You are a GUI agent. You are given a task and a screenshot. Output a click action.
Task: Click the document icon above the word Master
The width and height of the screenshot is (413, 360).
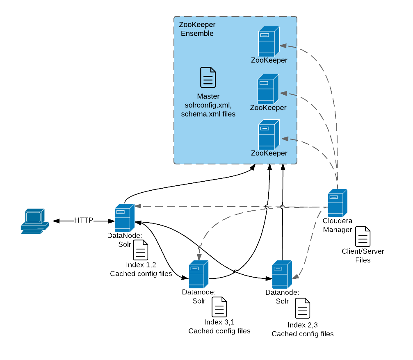coord(208,77)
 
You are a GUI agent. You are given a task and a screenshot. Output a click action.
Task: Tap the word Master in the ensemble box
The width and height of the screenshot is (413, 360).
coord(208,96)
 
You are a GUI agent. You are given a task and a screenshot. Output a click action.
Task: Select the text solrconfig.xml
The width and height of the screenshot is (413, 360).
coord(208,105)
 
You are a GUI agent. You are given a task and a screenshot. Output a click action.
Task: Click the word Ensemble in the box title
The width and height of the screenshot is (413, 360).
coord(197,34)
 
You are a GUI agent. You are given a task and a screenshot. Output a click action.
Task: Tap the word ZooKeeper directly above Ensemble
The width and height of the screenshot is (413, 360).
coord(197,25)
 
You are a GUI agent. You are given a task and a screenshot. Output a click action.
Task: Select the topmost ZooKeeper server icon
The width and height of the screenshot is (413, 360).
coord(269,41)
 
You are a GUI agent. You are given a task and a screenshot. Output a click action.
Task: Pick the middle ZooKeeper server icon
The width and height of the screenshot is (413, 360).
coord(268,89)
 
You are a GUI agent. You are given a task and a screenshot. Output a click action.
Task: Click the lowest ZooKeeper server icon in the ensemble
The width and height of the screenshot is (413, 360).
coord(269,134)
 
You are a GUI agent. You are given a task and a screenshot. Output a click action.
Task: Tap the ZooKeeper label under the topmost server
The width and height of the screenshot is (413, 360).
coord(269,60)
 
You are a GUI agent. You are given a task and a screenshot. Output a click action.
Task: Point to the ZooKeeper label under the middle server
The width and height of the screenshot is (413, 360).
coord(268,108)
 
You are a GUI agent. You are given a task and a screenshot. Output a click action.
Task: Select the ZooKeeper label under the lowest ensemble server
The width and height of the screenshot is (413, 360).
coord(269,153)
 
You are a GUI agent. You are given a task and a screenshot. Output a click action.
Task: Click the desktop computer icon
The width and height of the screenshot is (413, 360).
coord(35,221)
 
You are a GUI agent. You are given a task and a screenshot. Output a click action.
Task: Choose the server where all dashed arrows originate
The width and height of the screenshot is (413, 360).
coord(337,203)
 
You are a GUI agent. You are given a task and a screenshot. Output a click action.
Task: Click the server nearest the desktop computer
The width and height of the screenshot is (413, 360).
coord(124,218)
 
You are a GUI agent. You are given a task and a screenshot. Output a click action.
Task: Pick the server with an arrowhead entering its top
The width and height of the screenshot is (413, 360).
coord(199,274)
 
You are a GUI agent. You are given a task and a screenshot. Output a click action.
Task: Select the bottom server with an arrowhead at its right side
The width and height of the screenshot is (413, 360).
coord(282,274)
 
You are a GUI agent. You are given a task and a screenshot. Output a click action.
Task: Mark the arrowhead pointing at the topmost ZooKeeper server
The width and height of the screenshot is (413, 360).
coord(283,46)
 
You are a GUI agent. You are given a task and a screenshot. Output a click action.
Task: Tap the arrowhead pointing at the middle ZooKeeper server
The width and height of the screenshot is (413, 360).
coord(283,93)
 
